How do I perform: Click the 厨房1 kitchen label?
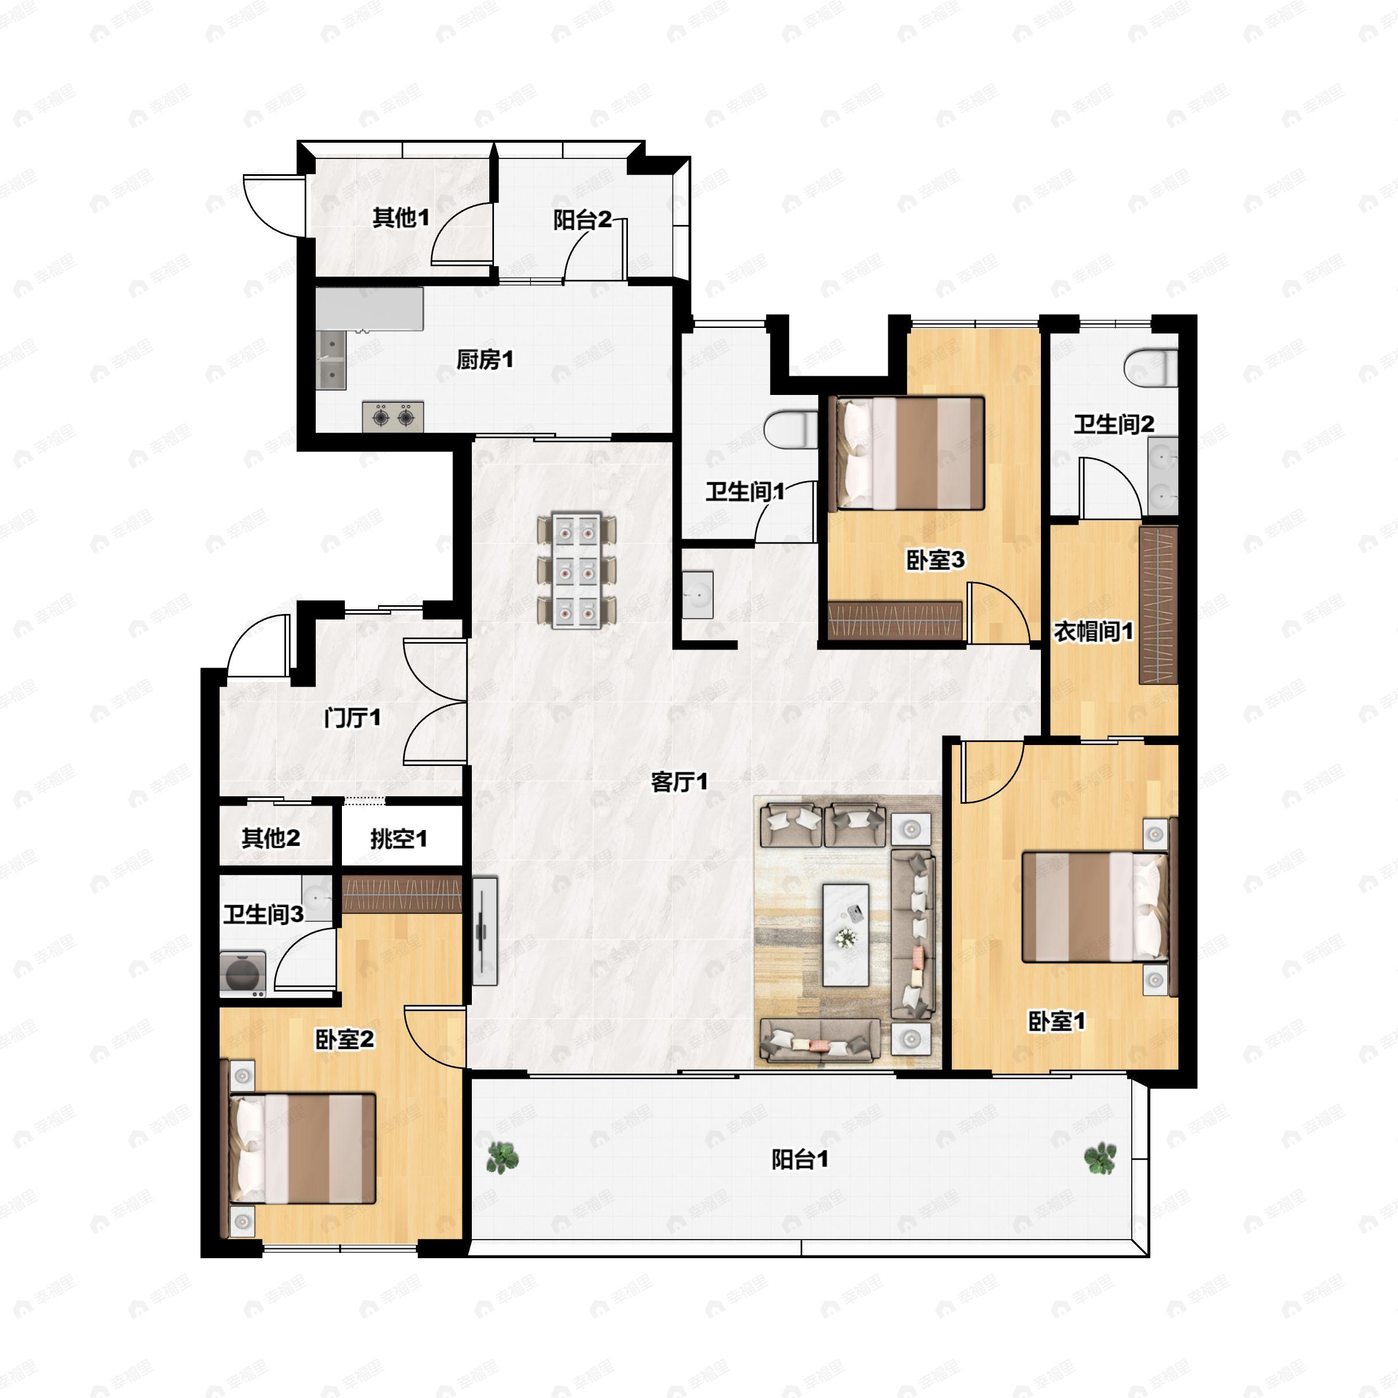click(x=484, y=359)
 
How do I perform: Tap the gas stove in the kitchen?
click(x=393, y=417)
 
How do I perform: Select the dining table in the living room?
click(x=577, y=570)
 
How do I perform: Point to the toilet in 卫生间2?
click(x=1151, y=368)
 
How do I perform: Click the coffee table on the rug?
click(x=846, y=935)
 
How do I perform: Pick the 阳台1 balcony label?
click(x=800, y=1159)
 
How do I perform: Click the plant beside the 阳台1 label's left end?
click(x=501, y=1157)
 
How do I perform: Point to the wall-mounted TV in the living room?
click(x=483, y=931)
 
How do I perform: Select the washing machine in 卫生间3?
click(x=242, y=974)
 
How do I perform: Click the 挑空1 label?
click(x=398, y=839)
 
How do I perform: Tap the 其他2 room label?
click(x=271, y=838)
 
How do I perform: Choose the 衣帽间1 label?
click(x=1093, y=631)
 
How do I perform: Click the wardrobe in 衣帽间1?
click(x=1158, y=605)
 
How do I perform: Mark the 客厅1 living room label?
click(x=679, y=782)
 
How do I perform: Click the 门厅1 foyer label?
click(x=352, y=718)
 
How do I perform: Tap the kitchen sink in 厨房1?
click(x=332, y=359)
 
